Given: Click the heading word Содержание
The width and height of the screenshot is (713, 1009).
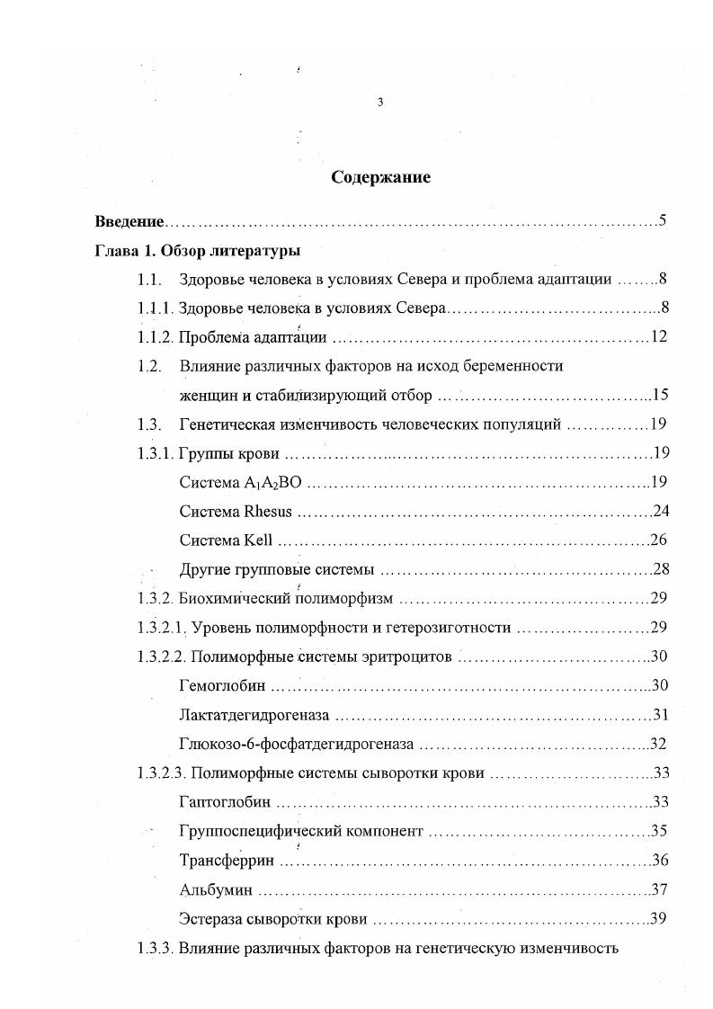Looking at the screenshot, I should pyautogui.click(x=380, y=177).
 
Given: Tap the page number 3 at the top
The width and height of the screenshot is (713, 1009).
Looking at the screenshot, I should pyautogui.click(x=379, y=103).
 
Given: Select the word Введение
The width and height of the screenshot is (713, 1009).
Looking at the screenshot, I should pyautogui.click(x=129, y=221).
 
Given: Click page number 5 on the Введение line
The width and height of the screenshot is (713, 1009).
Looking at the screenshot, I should pyautogui.click(x=661, y=220).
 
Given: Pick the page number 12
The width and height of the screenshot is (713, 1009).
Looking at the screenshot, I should pyautogui.click(x=657, y=337).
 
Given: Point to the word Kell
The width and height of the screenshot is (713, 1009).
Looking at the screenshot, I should pyautogui.click(x=257, y=540).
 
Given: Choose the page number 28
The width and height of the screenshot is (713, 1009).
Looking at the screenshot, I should pyautogui.click(x=660, y=569).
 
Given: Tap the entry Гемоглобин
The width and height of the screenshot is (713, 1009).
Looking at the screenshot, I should pyautogui.click(x=222, y=686).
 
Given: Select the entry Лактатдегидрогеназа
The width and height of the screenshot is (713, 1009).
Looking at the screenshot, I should pyautogui.click(x=254, y=715).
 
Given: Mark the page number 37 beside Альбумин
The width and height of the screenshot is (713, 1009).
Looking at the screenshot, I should pyautogui.click(x=659, y=889).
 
